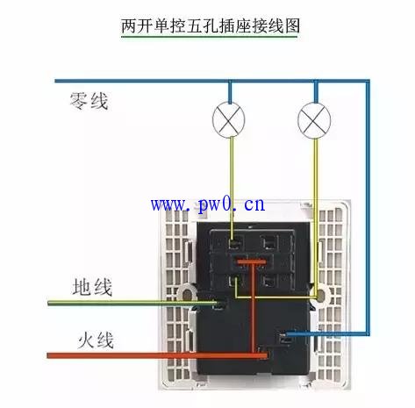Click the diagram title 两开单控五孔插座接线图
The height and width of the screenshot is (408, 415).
pos(211,26)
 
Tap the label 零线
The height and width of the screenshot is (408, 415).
pos(89,101)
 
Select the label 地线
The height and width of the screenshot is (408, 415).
pos(92,287)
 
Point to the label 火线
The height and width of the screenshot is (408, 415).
pos(96,340)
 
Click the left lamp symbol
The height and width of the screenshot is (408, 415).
pos(228,120)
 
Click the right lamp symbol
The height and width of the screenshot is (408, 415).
pos(314,120)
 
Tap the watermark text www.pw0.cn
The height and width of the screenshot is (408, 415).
pos(208,204)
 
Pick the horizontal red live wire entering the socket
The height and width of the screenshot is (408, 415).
pos(157,355)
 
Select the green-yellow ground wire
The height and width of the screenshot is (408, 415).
pos(132,304)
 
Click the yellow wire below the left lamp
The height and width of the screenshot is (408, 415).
pos(232,189)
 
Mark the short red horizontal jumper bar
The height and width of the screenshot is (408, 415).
pos(251,261)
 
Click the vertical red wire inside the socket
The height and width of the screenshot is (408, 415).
pos(253,307)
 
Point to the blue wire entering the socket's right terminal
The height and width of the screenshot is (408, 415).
pos(326,334)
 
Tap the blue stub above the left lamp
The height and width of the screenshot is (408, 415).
pos(230,92)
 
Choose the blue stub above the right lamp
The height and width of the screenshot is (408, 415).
pos(316,92)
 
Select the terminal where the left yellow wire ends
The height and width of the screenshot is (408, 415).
pos(235,243)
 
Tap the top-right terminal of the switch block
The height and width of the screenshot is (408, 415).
pos(268,243)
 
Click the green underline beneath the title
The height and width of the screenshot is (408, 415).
pos(209,37)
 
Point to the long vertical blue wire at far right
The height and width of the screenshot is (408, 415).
pos(368,208)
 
